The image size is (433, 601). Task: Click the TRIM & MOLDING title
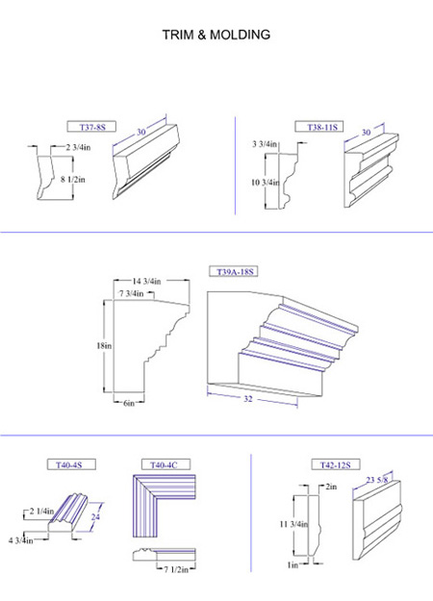216,35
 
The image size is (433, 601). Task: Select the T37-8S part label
92,127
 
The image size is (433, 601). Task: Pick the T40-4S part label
70,465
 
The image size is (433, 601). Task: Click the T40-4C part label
164,465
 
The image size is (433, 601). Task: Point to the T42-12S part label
336,465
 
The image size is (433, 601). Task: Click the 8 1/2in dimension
72,179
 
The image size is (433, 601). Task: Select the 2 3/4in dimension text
78,147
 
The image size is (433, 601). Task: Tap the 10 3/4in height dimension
265,183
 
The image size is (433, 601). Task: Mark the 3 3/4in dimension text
265,144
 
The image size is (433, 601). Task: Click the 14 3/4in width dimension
146,282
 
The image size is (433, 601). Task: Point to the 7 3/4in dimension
131,293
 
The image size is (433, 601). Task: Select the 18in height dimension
104,346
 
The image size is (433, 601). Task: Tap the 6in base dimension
129,403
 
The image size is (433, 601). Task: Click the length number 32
248,399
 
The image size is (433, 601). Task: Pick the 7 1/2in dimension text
176,569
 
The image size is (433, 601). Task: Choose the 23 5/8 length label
376,480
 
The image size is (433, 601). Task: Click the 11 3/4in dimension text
293,524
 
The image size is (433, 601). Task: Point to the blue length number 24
95,516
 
